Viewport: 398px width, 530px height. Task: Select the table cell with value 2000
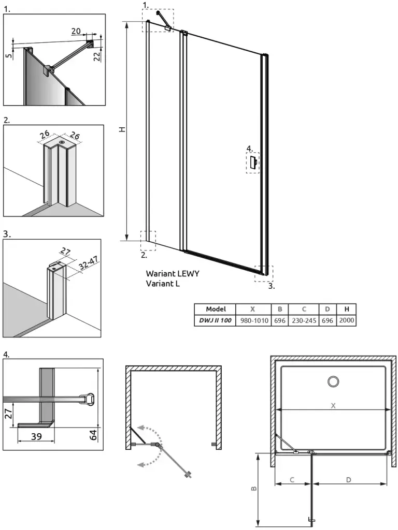pyautogui.click(x=346, y=320)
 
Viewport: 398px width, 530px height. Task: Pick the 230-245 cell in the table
pyautogui.click(x=303, y=320)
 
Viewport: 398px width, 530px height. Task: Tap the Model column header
pyautogui.click(x=215, y=309)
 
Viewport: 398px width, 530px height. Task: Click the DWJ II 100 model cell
pyautogui.click(x=215, y=320)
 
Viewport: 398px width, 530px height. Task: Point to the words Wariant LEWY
pyautogui.click(x=172, y=273)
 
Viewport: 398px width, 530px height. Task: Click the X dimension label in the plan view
pyautogui.click(x=333, y=406)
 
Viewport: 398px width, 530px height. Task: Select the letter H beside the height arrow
pyautogui.click(x=122, y=129)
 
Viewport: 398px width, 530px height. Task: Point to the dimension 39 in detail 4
pyautogui.click(x=36, y=436)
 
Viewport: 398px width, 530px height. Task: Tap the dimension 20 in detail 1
pyautogui.click(x=76, y=31)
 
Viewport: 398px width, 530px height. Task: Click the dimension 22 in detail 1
pyautogui.click(x=97, y=56)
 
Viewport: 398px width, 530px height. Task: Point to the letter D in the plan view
pyautogui.click(x=349, y=480)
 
